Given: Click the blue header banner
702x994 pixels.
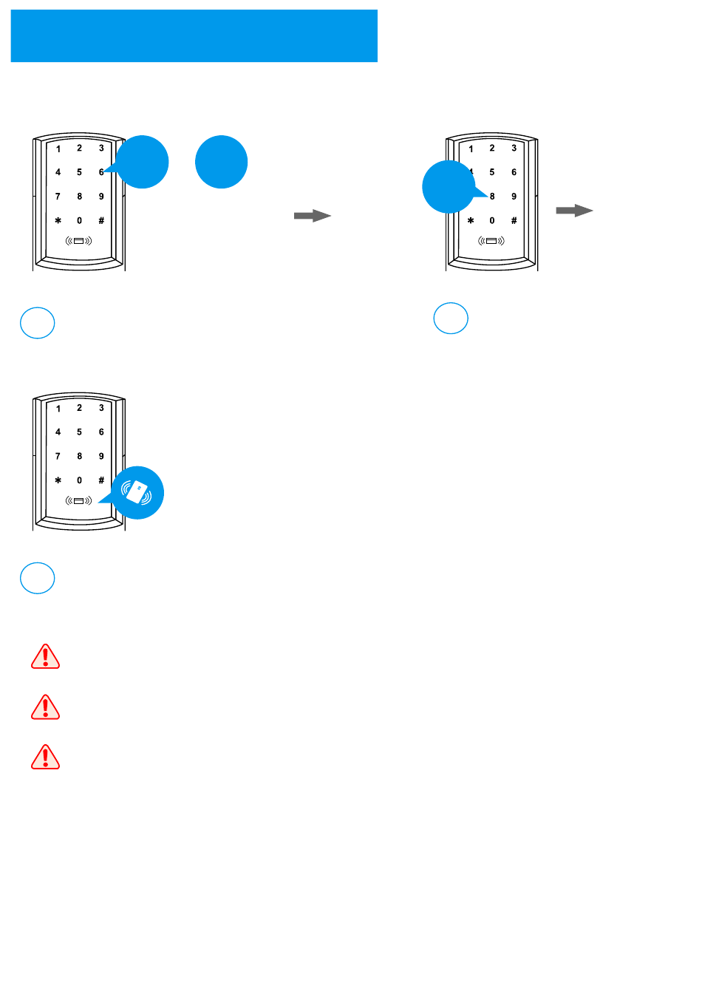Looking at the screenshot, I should point(194,35).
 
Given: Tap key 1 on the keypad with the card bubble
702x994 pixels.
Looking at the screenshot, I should point(58,409).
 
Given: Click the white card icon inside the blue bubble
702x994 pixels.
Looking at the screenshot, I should point(137,492).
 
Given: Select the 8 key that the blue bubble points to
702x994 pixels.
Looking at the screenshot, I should point(492,197).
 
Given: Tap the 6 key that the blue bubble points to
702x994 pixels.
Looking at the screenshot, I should point(101,172).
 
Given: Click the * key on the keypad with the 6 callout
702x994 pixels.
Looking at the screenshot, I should point(58,221).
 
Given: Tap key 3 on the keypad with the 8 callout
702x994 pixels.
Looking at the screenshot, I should point(514,149).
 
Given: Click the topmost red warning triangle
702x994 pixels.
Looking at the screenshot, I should point(45,656).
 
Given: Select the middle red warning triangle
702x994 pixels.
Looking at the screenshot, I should point(45,707).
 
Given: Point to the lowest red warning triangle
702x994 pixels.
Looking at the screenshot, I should point(45,758).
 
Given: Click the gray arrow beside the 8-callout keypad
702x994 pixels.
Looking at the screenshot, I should point(574,211).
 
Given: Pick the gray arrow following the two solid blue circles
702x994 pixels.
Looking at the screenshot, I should point(312,216).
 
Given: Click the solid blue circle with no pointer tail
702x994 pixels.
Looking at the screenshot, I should point(221,162).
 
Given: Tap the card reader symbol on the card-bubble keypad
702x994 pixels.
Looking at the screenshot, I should point(79,501).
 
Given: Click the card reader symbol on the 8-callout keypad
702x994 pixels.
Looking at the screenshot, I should point(491,241).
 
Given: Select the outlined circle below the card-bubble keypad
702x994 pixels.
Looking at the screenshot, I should point(37,578).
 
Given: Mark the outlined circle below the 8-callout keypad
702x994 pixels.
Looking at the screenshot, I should point(450,319).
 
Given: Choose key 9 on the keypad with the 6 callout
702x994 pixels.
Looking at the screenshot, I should point(101,197).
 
